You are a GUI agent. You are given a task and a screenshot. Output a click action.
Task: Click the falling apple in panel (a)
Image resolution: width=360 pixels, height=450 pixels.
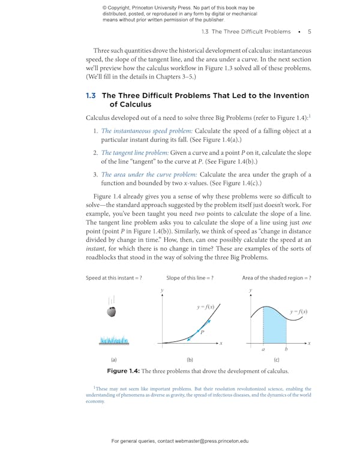[x=111, y=311]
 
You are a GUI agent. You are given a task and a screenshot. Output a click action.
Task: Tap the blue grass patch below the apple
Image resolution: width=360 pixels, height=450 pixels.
[x=114, y=340]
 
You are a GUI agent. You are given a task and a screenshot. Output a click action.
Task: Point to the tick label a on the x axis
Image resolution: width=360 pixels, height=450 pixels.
[x=263, y=349]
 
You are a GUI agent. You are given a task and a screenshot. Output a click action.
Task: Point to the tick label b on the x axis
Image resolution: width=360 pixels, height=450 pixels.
[x=286, y=349]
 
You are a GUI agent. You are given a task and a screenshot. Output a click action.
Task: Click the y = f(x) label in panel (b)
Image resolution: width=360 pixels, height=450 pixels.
[x=206, y=307]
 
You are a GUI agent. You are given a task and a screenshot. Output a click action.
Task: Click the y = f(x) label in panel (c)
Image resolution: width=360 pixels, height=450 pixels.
[x=298, y=311]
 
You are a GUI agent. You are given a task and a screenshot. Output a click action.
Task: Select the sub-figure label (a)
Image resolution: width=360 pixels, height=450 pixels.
[x=114, y=360]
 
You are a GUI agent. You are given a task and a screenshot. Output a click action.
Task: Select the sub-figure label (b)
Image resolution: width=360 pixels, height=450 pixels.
[x=190, y=360]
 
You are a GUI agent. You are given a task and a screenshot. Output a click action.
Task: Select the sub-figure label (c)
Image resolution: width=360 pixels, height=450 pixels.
[x=277, y=360]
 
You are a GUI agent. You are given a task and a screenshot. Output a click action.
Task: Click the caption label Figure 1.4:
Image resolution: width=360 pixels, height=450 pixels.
[x=123, y=371]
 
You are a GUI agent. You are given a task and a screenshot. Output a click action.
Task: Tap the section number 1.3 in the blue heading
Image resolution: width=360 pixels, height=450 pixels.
[x=91, y=95]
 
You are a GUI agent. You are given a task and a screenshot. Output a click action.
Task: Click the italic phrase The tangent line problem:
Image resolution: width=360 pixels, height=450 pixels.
[x=134, y=153]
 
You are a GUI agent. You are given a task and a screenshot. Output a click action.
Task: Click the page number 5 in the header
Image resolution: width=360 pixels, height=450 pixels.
[x=309, y=31]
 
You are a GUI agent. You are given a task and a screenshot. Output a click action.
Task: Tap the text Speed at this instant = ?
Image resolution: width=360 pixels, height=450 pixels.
[x=113, y=278]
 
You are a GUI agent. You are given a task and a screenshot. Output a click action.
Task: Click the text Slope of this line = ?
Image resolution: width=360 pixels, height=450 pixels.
[x=190, y=278]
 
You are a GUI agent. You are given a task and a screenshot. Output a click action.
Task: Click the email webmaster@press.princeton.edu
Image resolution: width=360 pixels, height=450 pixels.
[x=212, y=441]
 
